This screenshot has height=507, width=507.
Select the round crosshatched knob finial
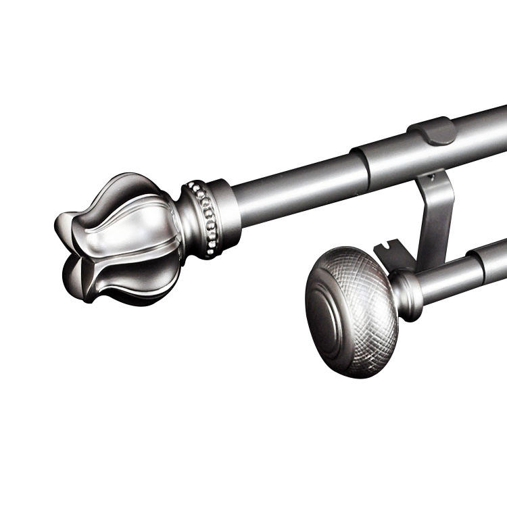tap(352, 311)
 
